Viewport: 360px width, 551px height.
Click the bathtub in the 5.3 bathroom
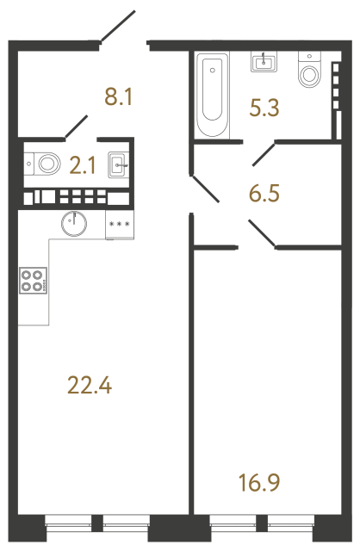tap(213, 95)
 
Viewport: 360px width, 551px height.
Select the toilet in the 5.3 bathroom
tap(308, 71)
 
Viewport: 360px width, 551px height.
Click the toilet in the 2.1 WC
tap(44, 160)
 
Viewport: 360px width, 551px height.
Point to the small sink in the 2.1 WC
tap(119, 163)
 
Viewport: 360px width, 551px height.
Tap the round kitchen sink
tap(75, 223)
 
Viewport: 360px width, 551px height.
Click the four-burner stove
tap(34, 281)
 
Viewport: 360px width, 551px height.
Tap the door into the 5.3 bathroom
tap(263, 155)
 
